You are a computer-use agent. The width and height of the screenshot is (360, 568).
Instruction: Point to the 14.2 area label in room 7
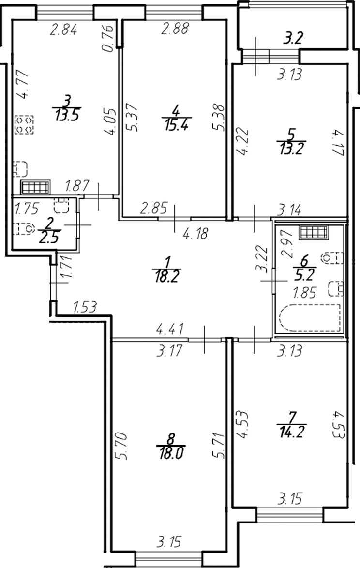pyautogui.click(x=289, y=429)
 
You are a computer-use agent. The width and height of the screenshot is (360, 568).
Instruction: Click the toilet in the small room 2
pyautogui.click(x=23, y=228)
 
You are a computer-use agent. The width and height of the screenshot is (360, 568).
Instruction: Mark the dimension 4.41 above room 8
pyautogui.click(x=170, y=331)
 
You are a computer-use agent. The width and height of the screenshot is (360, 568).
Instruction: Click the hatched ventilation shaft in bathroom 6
pyautogui.click(x=314, y=233)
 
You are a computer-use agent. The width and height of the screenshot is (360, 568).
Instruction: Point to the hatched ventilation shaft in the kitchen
pyautogui.click(x=35, y=187)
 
